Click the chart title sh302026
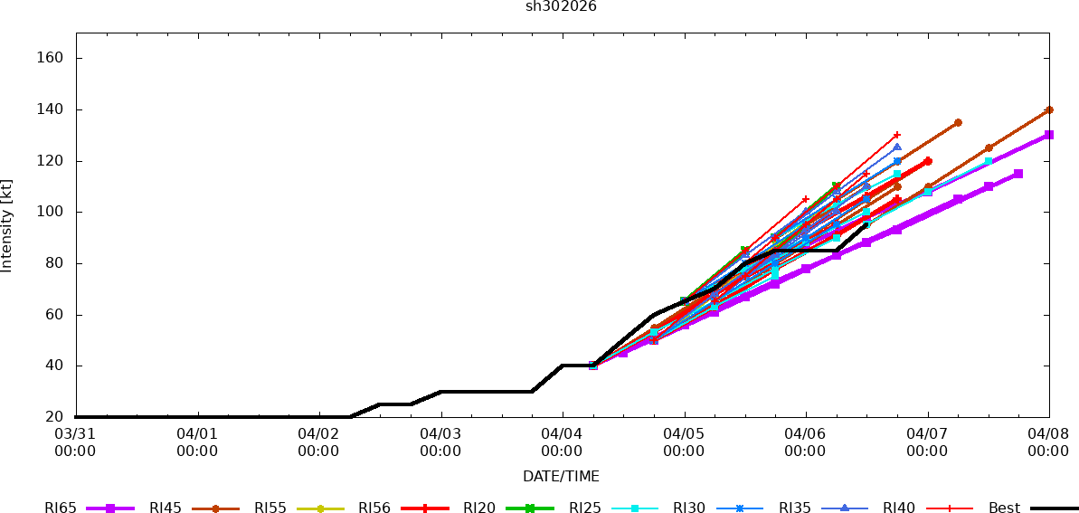[561, 7]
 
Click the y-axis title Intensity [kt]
[7, 226]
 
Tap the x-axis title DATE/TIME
[561, 477]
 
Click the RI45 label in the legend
[166, 508]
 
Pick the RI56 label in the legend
[374, 508]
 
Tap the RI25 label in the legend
[584, 508]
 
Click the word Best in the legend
[1004, 508]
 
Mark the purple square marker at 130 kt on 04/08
[1048, 135]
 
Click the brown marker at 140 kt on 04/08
[1048, 109]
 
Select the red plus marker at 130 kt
[896, 135]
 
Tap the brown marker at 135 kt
[958, 122]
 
